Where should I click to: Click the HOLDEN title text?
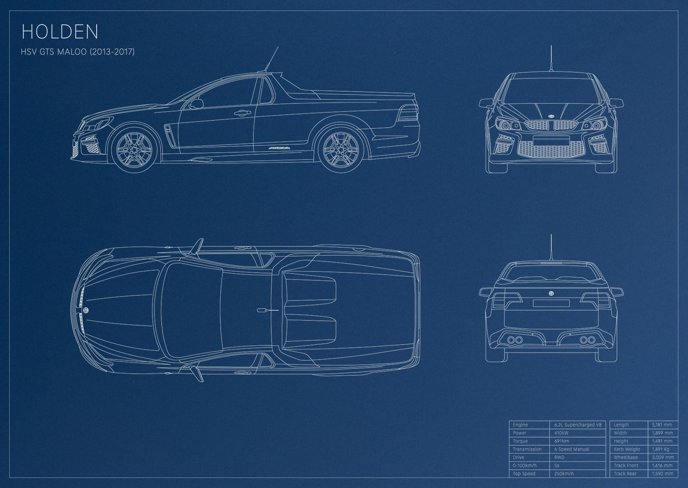[x=60, y=32]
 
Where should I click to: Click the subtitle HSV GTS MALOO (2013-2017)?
[x=78, y=52]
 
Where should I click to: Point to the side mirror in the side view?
[x=196, y=104]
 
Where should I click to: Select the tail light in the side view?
[x=408, y=113]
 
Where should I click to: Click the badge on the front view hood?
[x=551, y=116]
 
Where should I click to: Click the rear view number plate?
[x=551, y=303]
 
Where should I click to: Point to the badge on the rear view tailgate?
[x=551, y=293]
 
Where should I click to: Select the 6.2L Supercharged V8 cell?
[x=578, y=425]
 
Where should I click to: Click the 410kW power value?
[x=561, y=433]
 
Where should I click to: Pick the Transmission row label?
[x=527, y=449]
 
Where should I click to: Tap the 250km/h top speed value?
[x=563, y=473]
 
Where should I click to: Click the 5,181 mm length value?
[x=662, y=425]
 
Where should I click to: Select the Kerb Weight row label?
[x=627, y=449]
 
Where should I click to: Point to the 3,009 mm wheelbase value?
[x=663, y=457]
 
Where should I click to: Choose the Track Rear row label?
[x=625, y=473]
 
